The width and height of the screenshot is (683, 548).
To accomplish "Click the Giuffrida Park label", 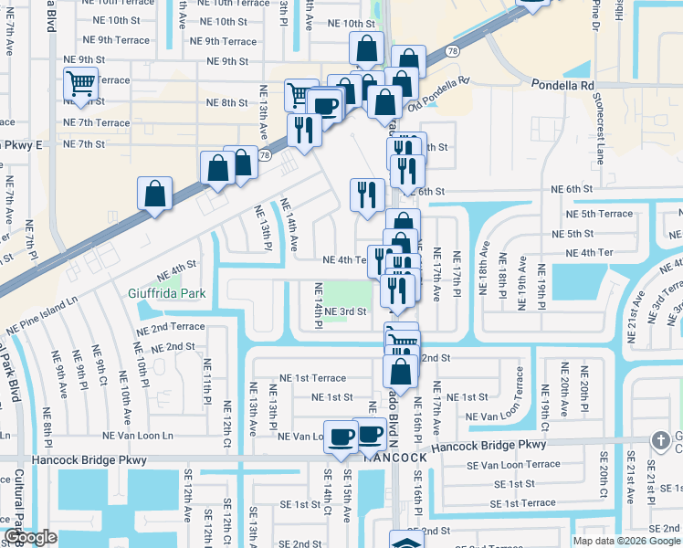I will (166, 293).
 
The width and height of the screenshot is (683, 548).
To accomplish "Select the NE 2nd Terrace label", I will (171, 326).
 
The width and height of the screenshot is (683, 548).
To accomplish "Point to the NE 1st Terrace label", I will (312, 377).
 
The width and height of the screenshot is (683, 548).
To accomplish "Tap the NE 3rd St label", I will (344, 311).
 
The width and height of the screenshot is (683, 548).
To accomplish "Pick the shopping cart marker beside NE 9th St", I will (81, 84).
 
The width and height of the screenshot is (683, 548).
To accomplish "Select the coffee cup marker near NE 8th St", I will (324, 106).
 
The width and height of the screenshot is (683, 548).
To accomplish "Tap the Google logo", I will (31, 537).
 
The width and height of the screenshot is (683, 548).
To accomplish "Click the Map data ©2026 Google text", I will (626, 541).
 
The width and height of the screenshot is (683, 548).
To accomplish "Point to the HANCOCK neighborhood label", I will (393, 458).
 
